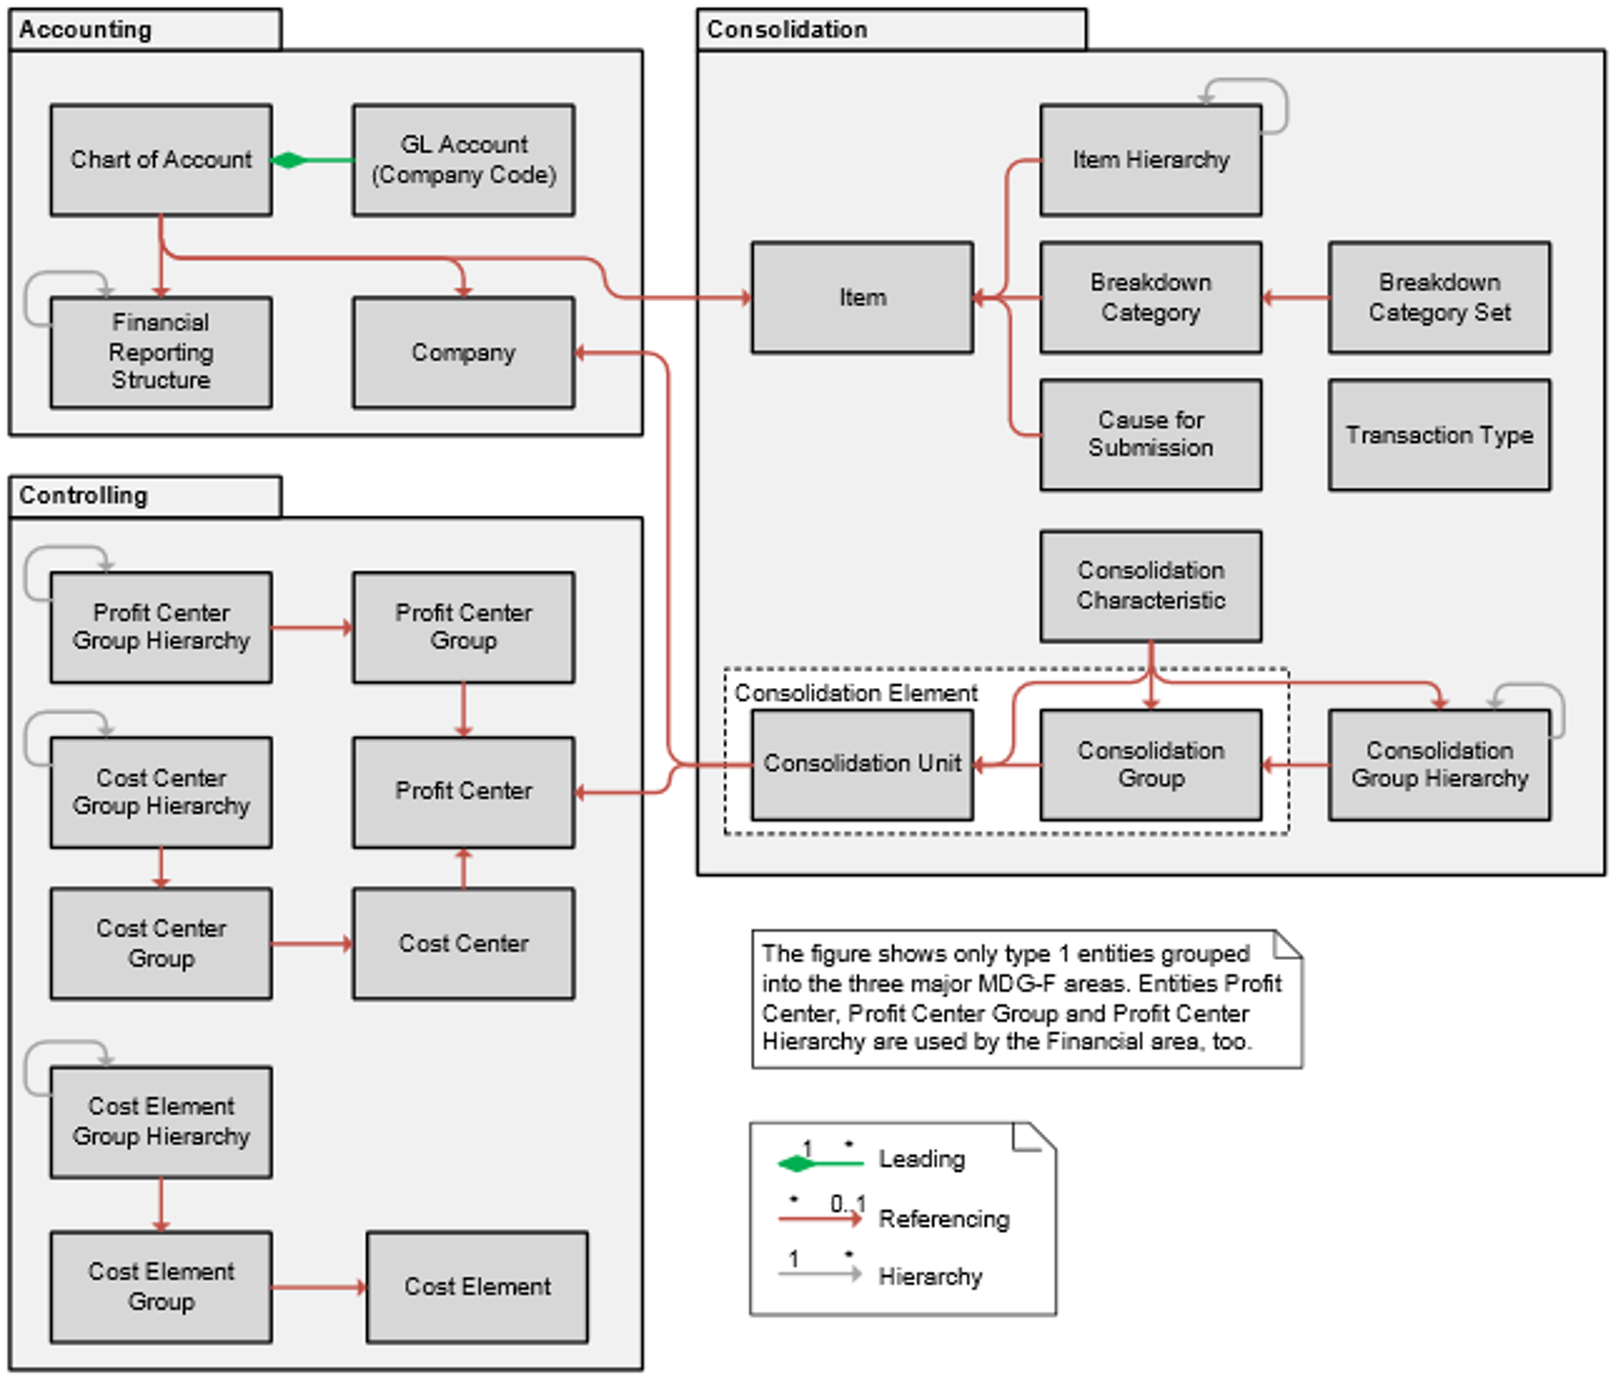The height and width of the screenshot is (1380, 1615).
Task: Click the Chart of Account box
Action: tap(161, 160)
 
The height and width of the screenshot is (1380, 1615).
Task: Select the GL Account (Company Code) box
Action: tap(464, 160)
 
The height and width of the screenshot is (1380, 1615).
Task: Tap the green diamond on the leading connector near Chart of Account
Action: tap(288, 161)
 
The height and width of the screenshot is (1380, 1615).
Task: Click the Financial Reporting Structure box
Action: tap(161, 352)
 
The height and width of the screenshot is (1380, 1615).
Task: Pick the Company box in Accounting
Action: tap(464, 352)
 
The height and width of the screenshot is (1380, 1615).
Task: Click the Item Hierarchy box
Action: tap(1151, 160)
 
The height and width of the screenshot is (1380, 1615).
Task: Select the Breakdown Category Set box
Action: tap(1439, 297)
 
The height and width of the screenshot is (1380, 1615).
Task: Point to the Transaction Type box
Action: tap(1439, 435)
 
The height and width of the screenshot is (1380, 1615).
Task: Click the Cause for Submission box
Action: tap(1151, 435)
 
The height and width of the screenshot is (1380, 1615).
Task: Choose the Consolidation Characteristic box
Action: tap(1151, 586)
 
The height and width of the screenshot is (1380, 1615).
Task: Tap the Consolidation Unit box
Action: tap(862, 765)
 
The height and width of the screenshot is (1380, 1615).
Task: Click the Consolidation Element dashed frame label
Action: tap(855, 693)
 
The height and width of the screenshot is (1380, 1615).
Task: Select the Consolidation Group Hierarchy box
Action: tap(1439, 765)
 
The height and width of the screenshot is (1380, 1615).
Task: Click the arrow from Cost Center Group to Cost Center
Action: tap(312, 943)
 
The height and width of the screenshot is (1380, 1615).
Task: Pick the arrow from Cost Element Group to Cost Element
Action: tap(318, 1286)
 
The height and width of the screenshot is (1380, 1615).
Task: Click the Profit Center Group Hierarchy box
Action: tap(161, 627)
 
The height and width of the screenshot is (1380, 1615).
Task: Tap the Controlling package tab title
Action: tap(84, 495)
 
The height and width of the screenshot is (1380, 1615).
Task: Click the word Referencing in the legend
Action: tap(943, 1219)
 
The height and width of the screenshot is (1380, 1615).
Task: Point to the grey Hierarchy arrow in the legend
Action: tap(819, 1275)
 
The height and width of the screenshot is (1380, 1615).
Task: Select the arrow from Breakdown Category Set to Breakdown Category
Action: tap(1295, 298)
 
